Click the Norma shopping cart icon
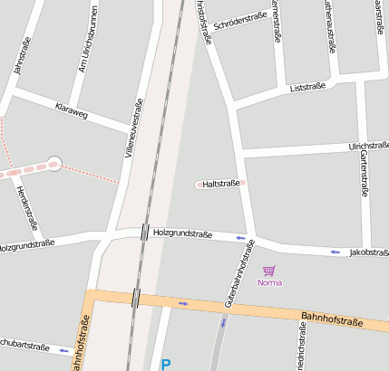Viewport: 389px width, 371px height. pyautogui.click(x=268, y=270)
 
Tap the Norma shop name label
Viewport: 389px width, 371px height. pyautogui.click(x=269, y=283)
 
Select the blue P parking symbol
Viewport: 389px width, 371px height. pyautogui.click(x=165, y=365)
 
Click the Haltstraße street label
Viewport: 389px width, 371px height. pyautogui.click(x=221, y=184)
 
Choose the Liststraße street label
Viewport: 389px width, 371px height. pyautogui.click(x=307, y=89)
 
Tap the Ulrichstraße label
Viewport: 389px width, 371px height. pyautogui.click(x=368, y=146)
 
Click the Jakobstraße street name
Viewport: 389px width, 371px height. pyautogui.click(x=369, y=252)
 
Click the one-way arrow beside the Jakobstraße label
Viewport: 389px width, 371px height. pyautogui.click(x=336, y=252)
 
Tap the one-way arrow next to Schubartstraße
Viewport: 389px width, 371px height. pyautogui.click(x=63, y=349)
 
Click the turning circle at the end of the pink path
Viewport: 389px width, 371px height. pyautogui.click(x=54, y=164)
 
